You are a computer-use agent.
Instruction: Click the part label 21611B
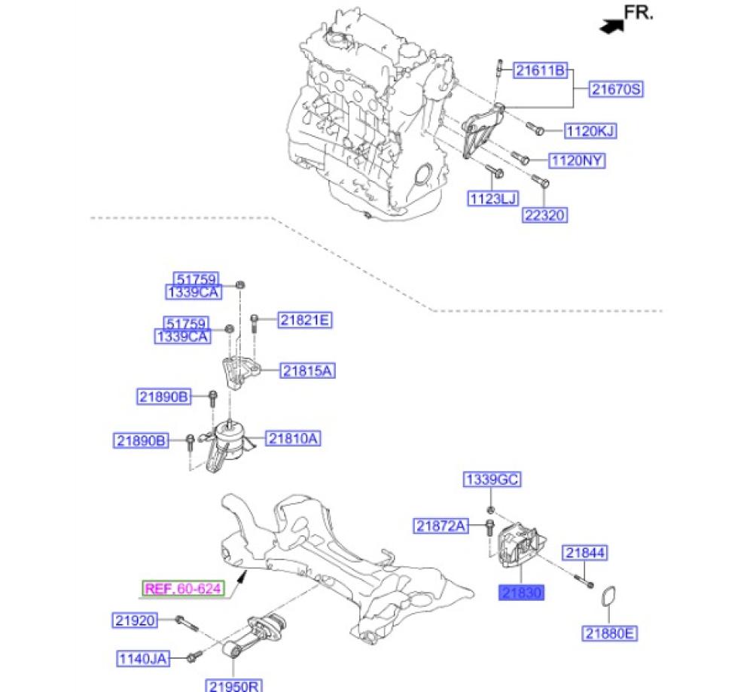540,71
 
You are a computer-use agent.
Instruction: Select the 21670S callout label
616,90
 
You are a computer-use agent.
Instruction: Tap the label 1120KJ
590,131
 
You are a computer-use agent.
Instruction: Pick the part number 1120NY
577,160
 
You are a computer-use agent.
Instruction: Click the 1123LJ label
493,198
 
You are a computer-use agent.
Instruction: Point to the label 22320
544,215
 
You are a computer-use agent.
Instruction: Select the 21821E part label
304,320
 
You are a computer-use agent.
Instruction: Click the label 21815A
307,370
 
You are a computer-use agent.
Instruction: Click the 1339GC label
492,480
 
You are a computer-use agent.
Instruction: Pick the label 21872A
441,526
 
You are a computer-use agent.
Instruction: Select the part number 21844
585,553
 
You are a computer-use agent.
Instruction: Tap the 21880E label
610,633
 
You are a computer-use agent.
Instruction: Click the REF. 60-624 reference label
183,588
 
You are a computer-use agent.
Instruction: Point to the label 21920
136,621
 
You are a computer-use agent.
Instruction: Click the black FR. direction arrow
612,26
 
